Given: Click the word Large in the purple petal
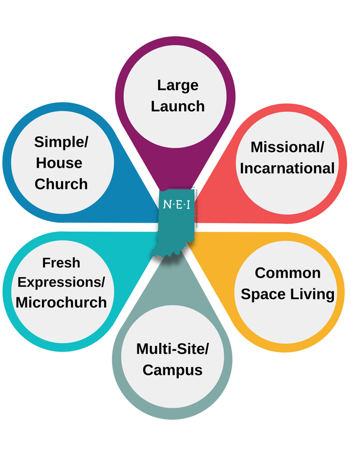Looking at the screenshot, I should pyautogui.click(x=178, y=85).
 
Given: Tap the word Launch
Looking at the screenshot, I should pyautogui.click(x=178, y=107).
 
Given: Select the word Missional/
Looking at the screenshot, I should pyautogui.click(x=288, y=147).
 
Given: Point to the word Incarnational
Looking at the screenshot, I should pyautogui.click(x=287, y=168).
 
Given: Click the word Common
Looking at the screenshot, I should pyautogui.click(x=288, y=273).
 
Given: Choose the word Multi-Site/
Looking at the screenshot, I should pyautogui.click(x=172, y=349).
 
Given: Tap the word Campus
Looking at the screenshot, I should pyautogui.click(x=172, y=370).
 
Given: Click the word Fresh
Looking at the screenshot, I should pyautogui.click(x=61, y=262).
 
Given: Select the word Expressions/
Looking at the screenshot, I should pyautogui.click(x=61, y=282).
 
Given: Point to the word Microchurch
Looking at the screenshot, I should pyautogui.click(x=61, y=302).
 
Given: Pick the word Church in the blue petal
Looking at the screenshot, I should pyautogui.click(x=61, y=184).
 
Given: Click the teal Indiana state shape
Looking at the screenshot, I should pyautogui.click(x=175, y=234).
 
